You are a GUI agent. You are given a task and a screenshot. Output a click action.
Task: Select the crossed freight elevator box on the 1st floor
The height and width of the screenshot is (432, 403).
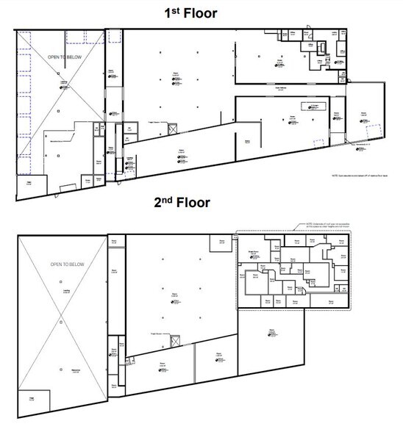click(x=172, y=130)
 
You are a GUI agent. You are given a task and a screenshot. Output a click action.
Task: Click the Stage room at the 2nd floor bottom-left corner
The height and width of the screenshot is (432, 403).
click(x=32, y=399)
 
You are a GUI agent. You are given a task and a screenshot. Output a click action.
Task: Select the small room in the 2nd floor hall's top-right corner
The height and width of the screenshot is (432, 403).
click(x=220, y=242)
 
